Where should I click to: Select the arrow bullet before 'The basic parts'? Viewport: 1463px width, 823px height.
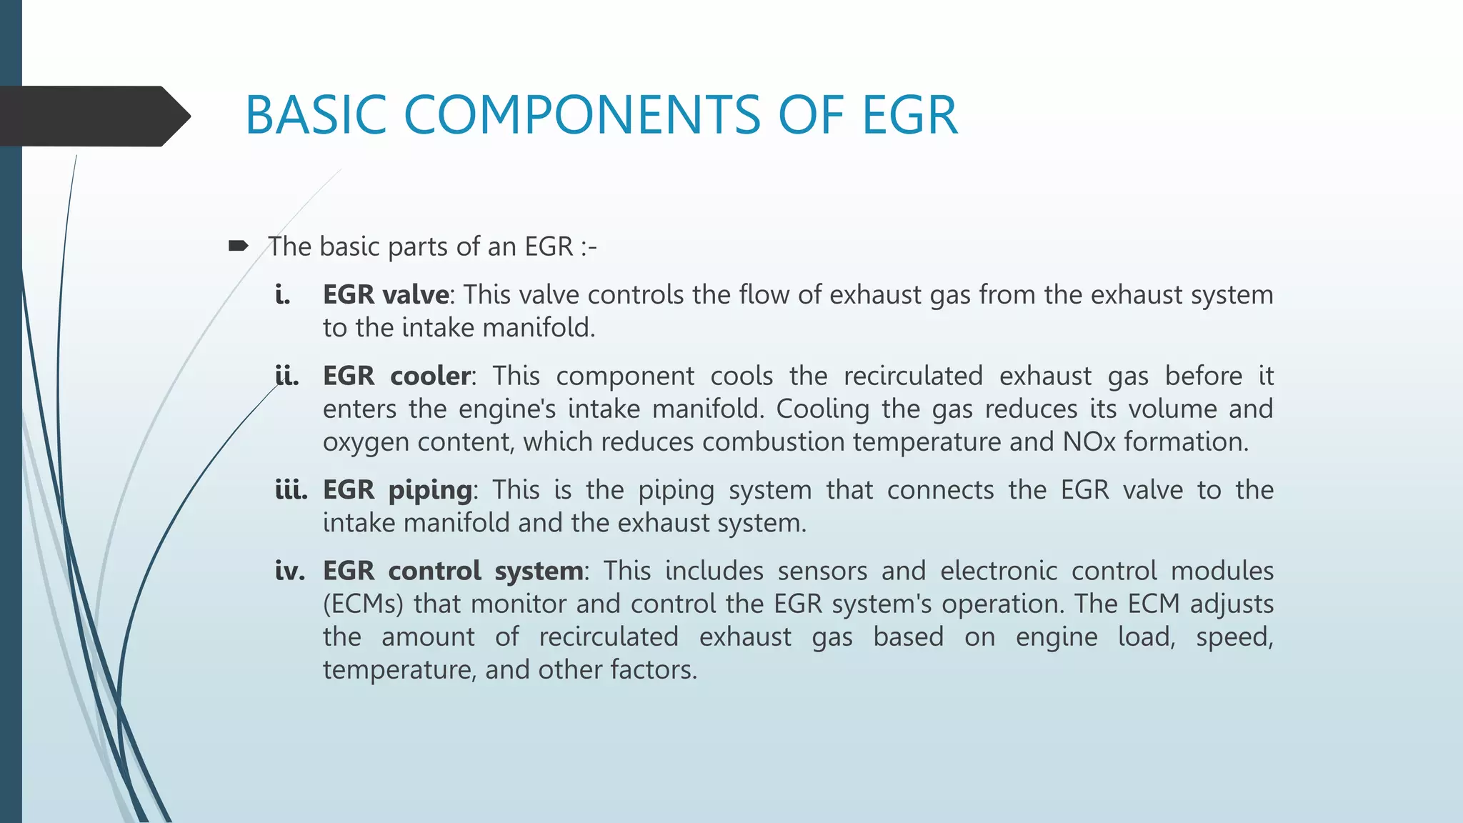tap(238, 246)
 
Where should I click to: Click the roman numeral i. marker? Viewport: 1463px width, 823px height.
tap(283, 294)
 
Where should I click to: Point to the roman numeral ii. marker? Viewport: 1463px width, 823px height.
tap(287, 376)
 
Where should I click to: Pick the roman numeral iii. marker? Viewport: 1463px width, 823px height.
tap(291, 490)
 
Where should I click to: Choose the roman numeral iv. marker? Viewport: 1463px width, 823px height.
tap(289, 571)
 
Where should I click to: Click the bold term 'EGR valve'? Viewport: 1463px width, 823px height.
tap(386, 294)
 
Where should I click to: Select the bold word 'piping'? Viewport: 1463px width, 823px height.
tap(430, 491)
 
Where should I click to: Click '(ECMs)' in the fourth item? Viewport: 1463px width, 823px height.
tap(363, 604)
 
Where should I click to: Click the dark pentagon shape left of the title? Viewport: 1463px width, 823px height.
tap(93, 116)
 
